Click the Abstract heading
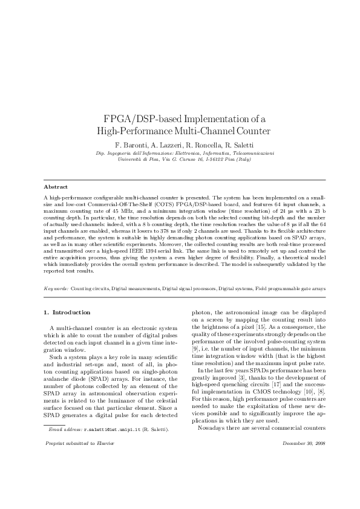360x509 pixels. [56, 187]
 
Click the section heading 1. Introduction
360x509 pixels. [67, 313]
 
